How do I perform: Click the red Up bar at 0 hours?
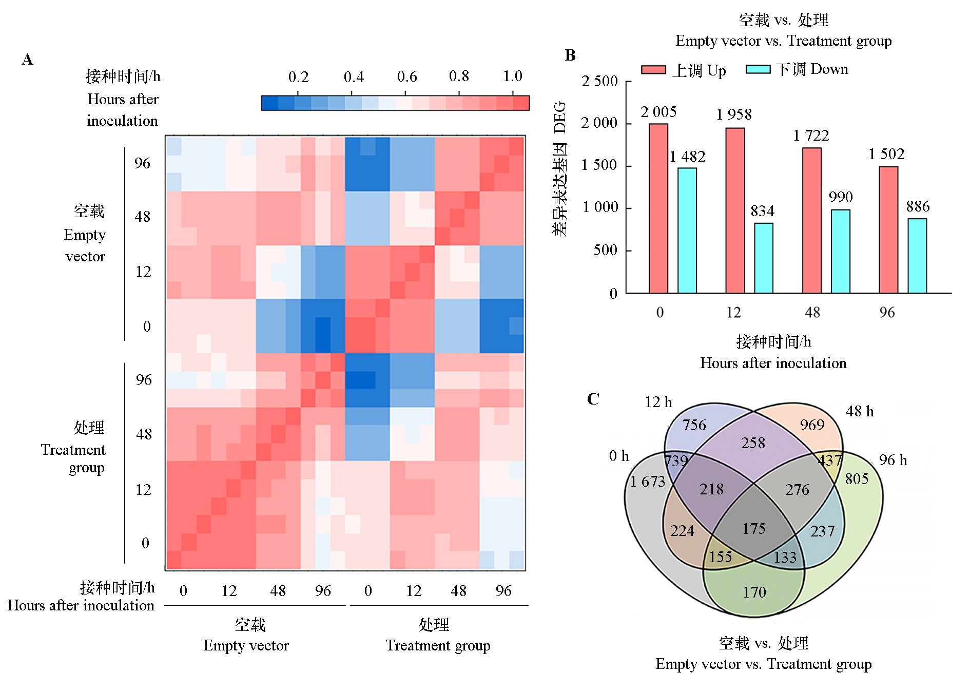658,208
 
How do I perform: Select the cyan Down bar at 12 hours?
764,258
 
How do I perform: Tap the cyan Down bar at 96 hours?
917,256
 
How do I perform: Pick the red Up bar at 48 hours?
811,220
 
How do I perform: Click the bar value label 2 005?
658,112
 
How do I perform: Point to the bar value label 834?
762,211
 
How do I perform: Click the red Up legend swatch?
653,70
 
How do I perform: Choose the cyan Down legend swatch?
758,70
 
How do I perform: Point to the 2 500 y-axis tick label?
599,81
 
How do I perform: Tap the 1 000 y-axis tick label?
599,207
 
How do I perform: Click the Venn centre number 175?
753,529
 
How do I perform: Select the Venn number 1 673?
647,482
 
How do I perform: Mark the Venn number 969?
811,425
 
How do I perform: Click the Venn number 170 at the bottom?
754,592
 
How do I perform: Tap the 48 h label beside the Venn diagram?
860,411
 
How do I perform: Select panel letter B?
570,55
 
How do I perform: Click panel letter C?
593,399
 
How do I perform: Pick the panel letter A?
27,60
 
